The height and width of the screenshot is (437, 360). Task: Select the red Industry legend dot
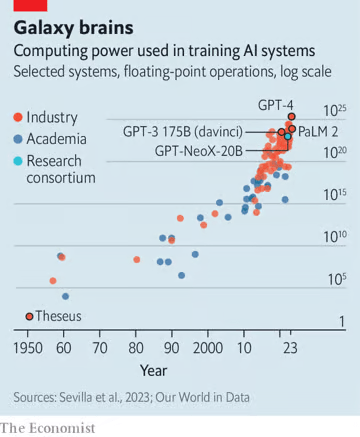(x=19, y=118)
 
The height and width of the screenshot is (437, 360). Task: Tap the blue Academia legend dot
(x=19, y=139)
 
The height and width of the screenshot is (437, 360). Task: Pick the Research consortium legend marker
(x=19, y=160)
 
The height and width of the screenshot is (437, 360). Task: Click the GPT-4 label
(x=277, y=104)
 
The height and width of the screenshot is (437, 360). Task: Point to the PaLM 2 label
(x=319, y=130)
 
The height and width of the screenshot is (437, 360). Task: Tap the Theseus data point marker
(x=29, y=316)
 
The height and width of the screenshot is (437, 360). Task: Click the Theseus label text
(x=58, y=316)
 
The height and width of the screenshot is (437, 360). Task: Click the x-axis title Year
(x=153, y=370)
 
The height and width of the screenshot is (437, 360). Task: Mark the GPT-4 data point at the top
(x=292, y=116)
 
